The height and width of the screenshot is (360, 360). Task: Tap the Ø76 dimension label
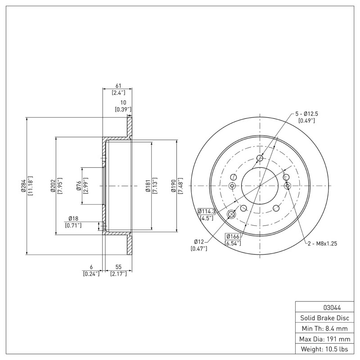tap(78, 186)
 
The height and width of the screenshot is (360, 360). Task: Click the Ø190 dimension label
tap(173, 186)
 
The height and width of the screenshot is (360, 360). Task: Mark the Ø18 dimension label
tap(73, 219)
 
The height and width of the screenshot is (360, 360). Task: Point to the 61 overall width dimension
tap(118, 86)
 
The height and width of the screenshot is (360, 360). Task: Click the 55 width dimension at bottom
tap(118, 267)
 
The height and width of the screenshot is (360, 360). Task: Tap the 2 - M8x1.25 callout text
tap(322, 243)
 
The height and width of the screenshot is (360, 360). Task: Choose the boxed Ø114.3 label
tap(207, 211)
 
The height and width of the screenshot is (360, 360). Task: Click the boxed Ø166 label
tap(233, 237)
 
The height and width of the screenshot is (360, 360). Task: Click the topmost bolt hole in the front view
tap(260, 158)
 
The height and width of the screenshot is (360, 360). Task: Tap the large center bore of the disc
tap(260, 186)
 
